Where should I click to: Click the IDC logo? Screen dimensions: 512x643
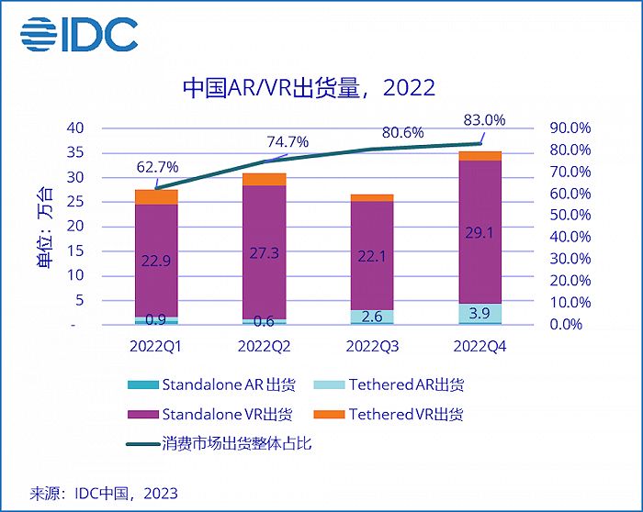[x=79, y=35]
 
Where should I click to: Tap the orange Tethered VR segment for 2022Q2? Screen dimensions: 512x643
[x=265, y=179]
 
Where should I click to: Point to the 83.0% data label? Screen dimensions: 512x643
[x=482, y=119]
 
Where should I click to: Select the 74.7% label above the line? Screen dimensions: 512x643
[x=288, y=141]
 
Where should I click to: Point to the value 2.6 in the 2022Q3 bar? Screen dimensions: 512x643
[x=372, y=317]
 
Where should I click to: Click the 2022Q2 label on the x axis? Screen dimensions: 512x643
[x=265, y=346]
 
